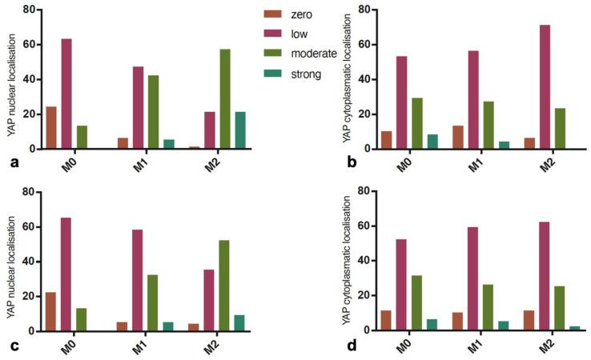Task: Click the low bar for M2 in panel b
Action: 545,87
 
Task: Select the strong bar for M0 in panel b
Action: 432,142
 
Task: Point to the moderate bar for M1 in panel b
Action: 488,125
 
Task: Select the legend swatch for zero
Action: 275,14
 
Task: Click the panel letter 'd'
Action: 352,345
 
